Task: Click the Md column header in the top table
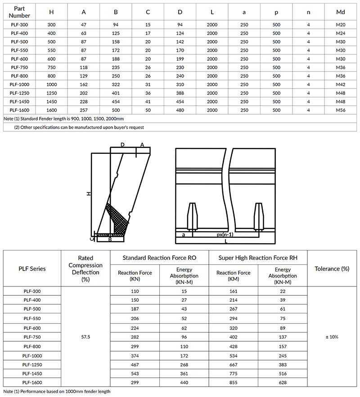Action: (341, 12)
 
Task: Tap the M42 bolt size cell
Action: (341, 84)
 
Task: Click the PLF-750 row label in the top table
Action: (19, 67)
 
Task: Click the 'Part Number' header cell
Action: (19, 12)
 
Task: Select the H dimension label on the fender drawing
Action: (89, 193)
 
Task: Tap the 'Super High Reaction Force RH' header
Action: (258, 258)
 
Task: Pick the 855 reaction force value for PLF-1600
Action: (233, 382)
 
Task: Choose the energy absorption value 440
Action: (184, 382)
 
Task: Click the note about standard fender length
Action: (63, 119)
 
